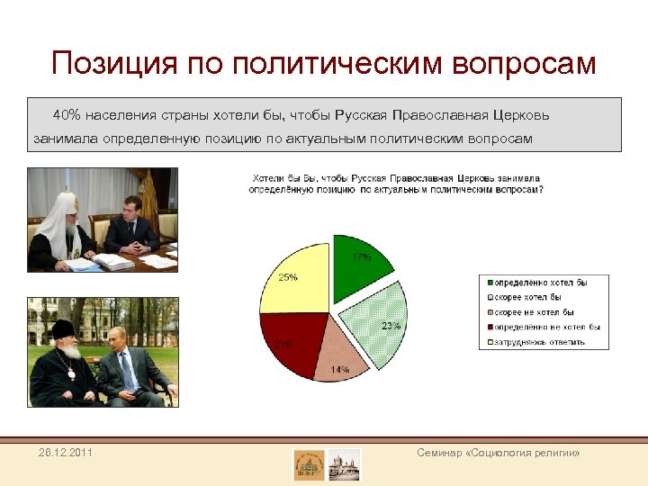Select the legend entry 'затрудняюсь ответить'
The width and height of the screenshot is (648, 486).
[x=537, y=342]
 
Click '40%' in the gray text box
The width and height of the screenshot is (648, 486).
[x=67, y=116]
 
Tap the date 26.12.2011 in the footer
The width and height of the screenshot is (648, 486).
[x=65, y=452]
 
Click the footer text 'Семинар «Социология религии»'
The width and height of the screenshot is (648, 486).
[x=498, y=453]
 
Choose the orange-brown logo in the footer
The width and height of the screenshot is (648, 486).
[x=309, y=464]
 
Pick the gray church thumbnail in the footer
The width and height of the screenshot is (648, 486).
[x=344, y=464]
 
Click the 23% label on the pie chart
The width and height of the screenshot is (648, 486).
[x=391, y=326]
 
